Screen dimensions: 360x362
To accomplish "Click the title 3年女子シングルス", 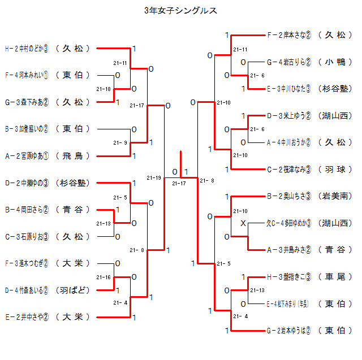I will pyautogui.click(x=180, y=11).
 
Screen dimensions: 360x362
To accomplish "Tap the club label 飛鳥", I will pyautogui.click(x=73, y=156).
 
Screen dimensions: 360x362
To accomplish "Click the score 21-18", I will pyautogui.click(x=104, y=89).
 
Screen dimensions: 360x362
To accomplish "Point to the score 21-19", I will pyautogui.click(x=153, y=178).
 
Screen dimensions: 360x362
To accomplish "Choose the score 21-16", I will pyautogui.click(x=104, y=277).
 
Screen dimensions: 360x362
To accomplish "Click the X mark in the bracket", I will pyautogui.click(x=243, y=224).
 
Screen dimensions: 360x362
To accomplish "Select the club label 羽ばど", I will pyautogui.click(x=73, y=290).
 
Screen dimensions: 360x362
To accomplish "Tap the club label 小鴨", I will pyautogui.click(x=334, y=62).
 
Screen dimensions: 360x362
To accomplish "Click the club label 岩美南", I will pyautogui.click(x=334, y=197).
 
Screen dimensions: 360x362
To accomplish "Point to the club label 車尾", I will pyautogui.click(x=334, y=277).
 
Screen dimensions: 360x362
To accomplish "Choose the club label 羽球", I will pyautogui.click(x=334, y=169).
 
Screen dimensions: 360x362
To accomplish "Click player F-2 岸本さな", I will pyautogui.click(x=289, y=35).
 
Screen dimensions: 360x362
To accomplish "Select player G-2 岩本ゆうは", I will pyautogui.click(x=289, y=331).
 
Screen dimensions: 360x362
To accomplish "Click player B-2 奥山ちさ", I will pyautogui.click(x=289, y=197).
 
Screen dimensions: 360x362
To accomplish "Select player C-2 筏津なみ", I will pyautogui.click(x=289, y=169).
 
